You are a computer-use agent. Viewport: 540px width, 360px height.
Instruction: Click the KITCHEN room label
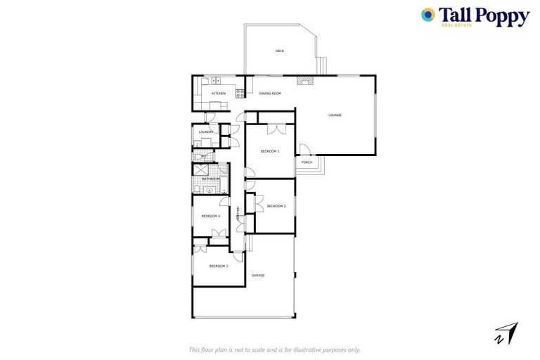point(219,94)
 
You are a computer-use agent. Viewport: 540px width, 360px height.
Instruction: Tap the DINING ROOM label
point(270,94)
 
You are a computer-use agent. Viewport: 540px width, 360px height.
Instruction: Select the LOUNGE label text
point(335,115)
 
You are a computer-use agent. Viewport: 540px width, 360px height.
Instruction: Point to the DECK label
point(279,51)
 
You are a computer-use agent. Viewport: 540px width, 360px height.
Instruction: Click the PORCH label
point(307,162)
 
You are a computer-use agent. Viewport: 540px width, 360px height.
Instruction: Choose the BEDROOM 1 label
point(270,151)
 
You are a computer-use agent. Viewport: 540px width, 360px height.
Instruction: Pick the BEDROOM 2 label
point(276,206)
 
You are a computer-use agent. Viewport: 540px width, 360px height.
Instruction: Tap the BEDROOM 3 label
point(219,266)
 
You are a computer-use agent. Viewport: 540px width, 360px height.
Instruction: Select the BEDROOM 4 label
point(211,216)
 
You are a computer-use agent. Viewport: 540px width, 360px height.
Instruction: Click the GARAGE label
point(258,275)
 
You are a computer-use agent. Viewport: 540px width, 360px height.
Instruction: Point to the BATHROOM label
point(211,179)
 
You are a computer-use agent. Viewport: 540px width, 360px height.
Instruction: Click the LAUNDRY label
point(206,132)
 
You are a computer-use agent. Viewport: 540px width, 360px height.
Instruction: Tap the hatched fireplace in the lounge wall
point(303,80)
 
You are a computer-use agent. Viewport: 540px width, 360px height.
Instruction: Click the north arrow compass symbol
point(506,333)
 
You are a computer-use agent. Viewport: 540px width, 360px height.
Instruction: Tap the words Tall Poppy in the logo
point(484,15)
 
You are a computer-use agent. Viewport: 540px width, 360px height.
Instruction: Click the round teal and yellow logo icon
point(427,15)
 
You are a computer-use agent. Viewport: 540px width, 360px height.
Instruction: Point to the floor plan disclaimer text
point(275,349)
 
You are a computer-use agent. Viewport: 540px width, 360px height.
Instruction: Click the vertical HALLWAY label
point(239,214)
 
